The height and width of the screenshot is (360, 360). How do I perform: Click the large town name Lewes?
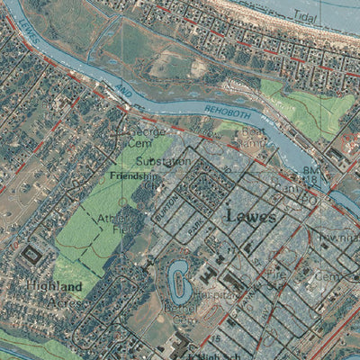coord(251,215)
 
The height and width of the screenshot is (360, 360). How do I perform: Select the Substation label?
coord(163,161)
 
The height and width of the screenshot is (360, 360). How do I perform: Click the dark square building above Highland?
coord(32,254)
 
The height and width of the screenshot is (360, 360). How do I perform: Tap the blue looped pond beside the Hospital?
coord(177,281)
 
